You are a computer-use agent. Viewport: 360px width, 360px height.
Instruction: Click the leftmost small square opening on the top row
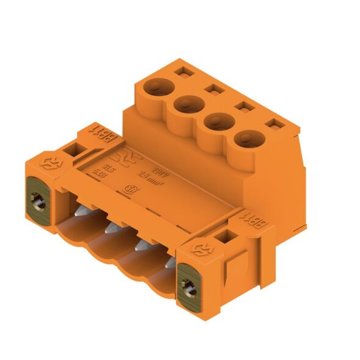point(181,73)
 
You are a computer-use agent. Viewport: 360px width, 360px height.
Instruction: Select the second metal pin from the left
point(111,228)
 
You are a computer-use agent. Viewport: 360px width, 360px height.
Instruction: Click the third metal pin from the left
point(141,245)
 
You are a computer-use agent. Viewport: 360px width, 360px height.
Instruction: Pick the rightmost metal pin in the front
point(170,263)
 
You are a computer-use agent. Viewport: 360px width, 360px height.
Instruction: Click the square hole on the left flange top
point(76,149)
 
